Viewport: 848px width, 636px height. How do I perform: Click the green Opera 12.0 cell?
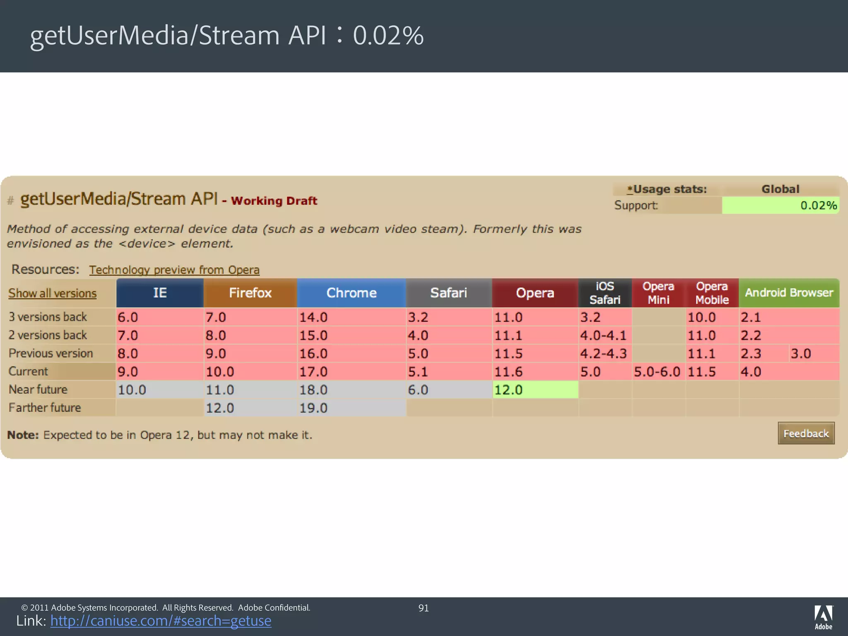(x=535, y=390)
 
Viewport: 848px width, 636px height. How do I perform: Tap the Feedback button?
(x=806, y=434)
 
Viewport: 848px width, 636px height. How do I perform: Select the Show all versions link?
(x=53, y=293)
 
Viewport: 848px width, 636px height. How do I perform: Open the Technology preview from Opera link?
(x=174, y=270)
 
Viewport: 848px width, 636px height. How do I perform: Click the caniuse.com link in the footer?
(x=161, y=621)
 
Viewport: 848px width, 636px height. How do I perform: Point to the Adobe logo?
(x=823, y=617)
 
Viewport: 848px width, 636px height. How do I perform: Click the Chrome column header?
(x=351, y=293)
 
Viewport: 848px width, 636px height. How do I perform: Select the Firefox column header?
(x=250, y=293)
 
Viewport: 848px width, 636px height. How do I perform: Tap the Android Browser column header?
(x=789, y=293)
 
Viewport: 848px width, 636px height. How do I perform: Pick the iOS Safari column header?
(x=605, y=293)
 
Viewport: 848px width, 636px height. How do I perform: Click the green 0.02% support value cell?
(x=781, y=205)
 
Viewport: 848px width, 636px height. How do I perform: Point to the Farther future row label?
(x=45, y=408)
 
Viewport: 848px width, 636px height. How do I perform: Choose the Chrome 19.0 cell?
(x=351, y=408)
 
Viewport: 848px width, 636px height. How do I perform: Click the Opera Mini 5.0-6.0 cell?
(x=658, y=372)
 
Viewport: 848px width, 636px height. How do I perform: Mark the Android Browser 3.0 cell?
(x=813, y=354)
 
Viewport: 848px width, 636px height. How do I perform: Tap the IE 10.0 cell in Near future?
(x=159, y=390)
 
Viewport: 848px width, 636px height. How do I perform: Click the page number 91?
(x=424, y=608)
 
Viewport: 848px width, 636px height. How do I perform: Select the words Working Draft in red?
(x=274, y=201)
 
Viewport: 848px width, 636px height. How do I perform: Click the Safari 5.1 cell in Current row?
(x=448, y=372)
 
